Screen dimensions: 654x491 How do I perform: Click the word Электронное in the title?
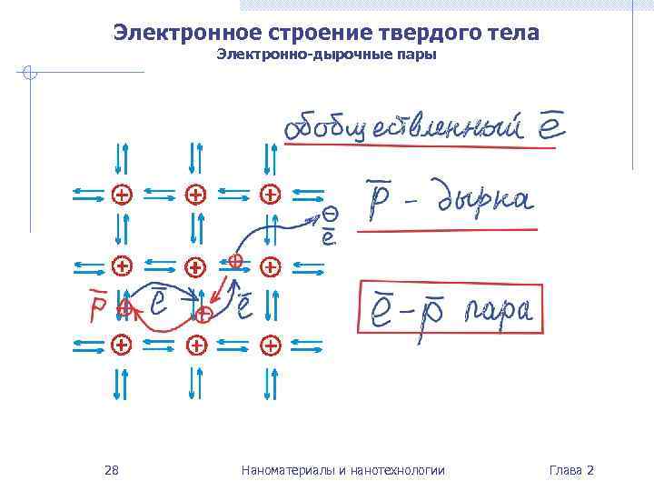tap(187, 33)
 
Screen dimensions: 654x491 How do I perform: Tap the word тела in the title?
tap(508, 33)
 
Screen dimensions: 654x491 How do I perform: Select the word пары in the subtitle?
tap(417, 55)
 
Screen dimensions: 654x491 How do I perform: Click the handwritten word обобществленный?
tap(404, 129)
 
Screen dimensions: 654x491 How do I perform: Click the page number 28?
tap(112, 470)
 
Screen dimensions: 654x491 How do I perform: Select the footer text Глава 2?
tap(571, 470)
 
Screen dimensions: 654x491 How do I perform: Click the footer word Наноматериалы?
tap(282, 470)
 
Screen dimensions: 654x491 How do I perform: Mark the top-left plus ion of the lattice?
tap(119, 194)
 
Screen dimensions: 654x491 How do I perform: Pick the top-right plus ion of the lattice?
tap(270, 194)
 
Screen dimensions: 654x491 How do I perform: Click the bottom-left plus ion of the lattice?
tap(119, 345)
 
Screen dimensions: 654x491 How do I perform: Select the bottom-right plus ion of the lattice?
tap(270, 345)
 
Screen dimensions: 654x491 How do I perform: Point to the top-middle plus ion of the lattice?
tap(195, 194)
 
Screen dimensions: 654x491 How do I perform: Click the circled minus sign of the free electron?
tap(331, 215)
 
